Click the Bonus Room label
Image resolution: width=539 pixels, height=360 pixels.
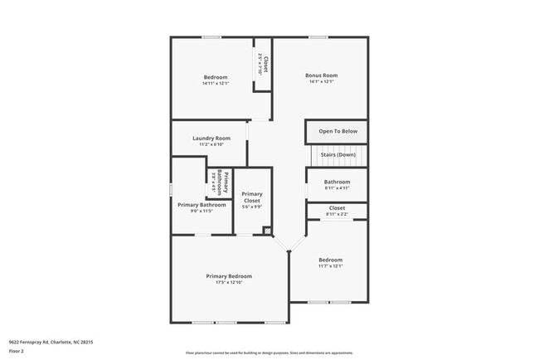pyautogui.click(x=323, y=75)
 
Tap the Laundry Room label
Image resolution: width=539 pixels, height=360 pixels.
pyautogui.click(x=211, y=139)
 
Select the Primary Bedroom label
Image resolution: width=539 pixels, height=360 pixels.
pyautogui.click(x=229, y=276)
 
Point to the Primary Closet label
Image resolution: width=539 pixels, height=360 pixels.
pyautogui.click(x=252, y=197)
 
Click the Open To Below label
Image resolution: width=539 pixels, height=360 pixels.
pyautogui.click(x=337, y=131)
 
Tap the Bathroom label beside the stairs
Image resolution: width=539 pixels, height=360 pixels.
pyautogui.click(x=337, y=182)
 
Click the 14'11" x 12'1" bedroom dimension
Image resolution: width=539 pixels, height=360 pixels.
pyautogui.click(x=216, y=83)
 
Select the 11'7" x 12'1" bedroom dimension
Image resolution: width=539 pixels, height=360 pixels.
pyautogui.click(x=330, y=266)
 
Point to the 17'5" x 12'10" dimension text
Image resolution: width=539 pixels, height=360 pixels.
pyautogui.click(x=229, y=283)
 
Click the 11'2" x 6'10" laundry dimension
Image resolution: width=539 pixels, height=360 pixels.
pyautogui.click(x=211, y=144)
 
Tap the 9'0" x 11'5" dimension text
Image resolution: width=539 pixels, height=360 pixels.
pyautogui.click(x=202, y=211)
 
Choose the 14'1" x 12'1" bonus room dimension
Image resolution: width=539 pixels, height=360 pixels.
pyautogui.click(x=323, y=81)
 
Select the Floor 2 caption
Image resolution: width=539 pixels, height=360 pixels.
pyautogui.click(x=17, y=351)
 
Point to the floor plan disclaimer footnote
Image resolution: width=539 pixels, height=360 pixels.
pyautogui.click(x=269, y=353)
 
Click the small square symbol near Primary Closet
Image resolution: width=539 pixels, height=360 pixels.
pyautogui.click(x=266, y=231)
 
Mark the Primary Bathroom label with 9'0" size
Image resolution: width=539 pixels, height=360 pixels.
pyautogui.click(x=202, y=205)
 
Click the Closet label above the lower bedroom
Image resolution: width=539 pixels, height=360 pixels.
pyautogui.click(x=337, y=208)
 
